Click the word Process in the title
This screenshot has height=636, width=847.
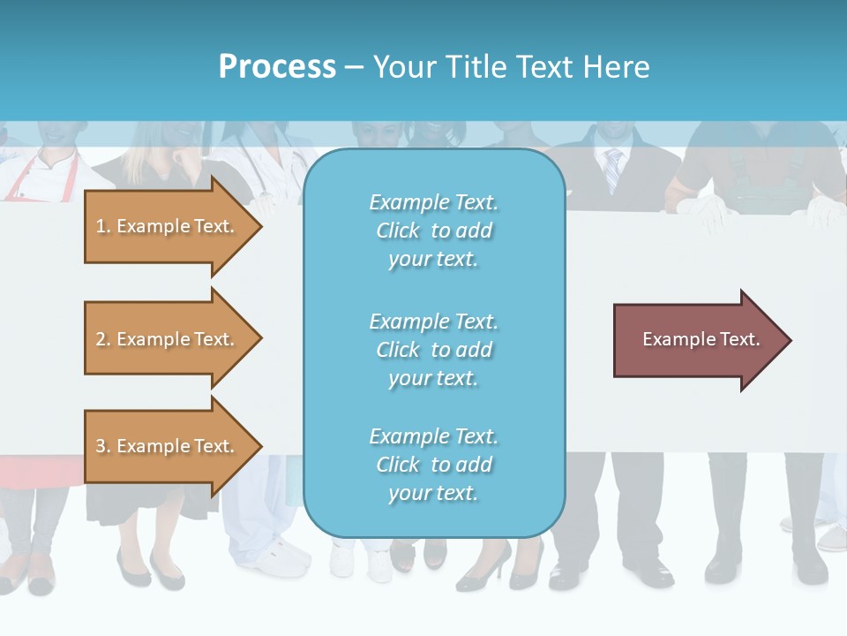click(x=277, y=67)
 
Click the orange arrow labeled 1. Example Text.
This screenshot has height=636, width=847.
click(x=168, y=226)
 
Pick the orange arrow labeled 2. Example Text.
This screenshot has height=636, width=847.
click(x=168, y=339)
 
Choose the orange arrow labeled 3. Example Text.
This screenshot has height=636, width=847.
click(x=168, y=446)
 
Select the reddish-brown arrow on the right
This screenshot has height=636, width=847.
click(x=697, y=340)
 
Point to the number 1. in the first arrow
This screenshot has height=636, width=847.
click(x=103, y=226)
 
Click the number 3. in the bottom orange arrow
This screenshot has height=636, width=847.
click(x=103, y=446)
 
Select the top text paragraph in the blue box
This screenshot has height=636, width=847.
click(x=433, y=231)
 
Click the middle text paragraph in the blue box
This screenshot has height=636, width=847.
click(x=433, y=350)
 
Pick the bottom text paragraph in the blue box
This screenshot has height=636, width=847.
click(x=433, y=465)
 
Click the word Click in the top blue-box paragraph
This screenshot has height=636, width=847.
click(x=398, y=231)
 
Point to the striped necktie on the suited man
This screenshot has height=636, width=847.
click(x=612, y=169)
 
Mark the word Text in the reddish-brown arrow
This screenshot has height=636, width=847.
click(x=740, y=339)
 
